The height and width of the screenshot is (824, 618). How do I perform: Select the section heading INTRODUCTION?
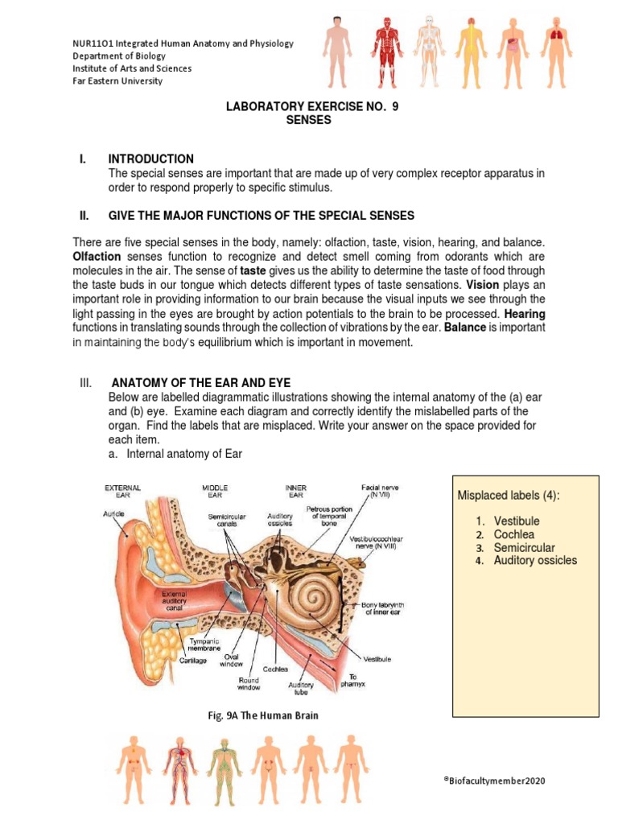tap(150, 159)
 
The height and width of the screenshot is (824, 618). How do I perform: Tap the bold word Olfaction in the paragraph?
tap(97, 256)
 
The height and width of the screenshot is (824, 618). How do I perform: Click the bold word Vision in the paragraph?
tap(482, 285)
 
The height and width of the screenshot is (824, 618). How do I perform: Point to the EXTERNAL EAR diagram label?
tap(123, 492)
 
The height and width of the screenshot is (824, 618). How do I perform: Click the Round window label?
tap(249, 683)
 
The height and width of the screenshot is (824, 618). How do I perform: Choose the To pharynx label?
tap(352, 681)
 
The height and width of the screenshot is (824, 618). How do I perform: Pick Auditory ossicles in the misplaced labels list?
tap(535, 560)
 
